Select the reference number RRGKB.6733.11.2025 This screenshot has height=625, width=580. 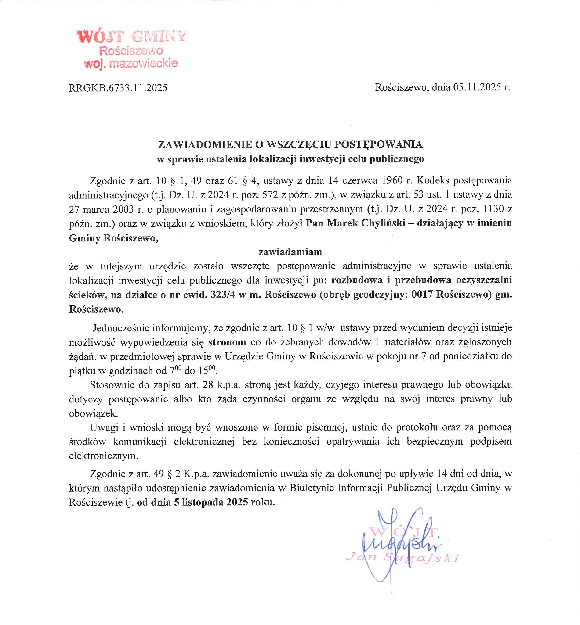coord(118,88)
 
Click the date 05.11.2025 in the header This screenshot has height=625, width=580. coord(477,87)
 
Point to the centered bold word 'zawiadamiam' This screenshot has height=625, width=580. coord(290,251)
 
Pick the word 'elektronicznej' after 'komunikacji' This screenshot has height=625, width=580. coord(204,442)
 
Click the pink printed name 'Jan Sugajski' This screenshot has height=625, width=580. coord(402,558)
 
